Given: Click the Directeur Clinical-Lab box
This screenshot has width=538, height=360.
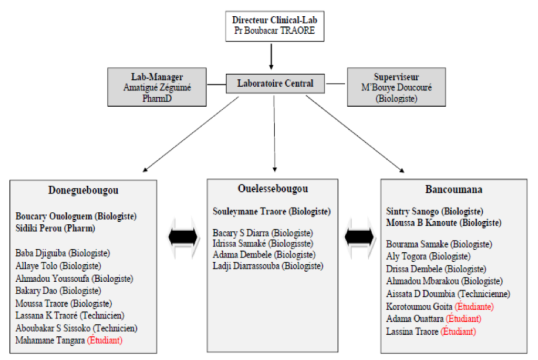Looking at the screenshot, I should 275,25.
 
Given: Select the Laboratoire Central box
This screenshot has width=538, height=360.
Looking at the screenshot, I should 275,83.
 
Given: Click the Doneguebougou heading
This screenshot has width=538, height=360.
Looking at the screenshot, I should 83,190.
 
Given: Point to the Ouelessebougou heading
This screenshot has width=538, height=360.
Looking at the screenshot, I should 273,189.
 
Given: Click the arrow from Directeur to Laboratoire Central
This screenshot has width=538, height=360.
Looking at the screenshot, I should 272,57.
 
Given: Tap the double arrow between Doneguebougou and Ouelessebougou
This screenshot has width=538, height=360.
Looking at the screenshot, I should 182,238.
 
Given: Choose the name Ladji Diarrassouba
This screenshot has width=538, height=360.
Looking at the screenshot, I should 246,266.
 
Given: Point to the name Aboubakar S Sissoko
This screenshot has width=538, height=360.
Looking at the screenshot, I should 53,328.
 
